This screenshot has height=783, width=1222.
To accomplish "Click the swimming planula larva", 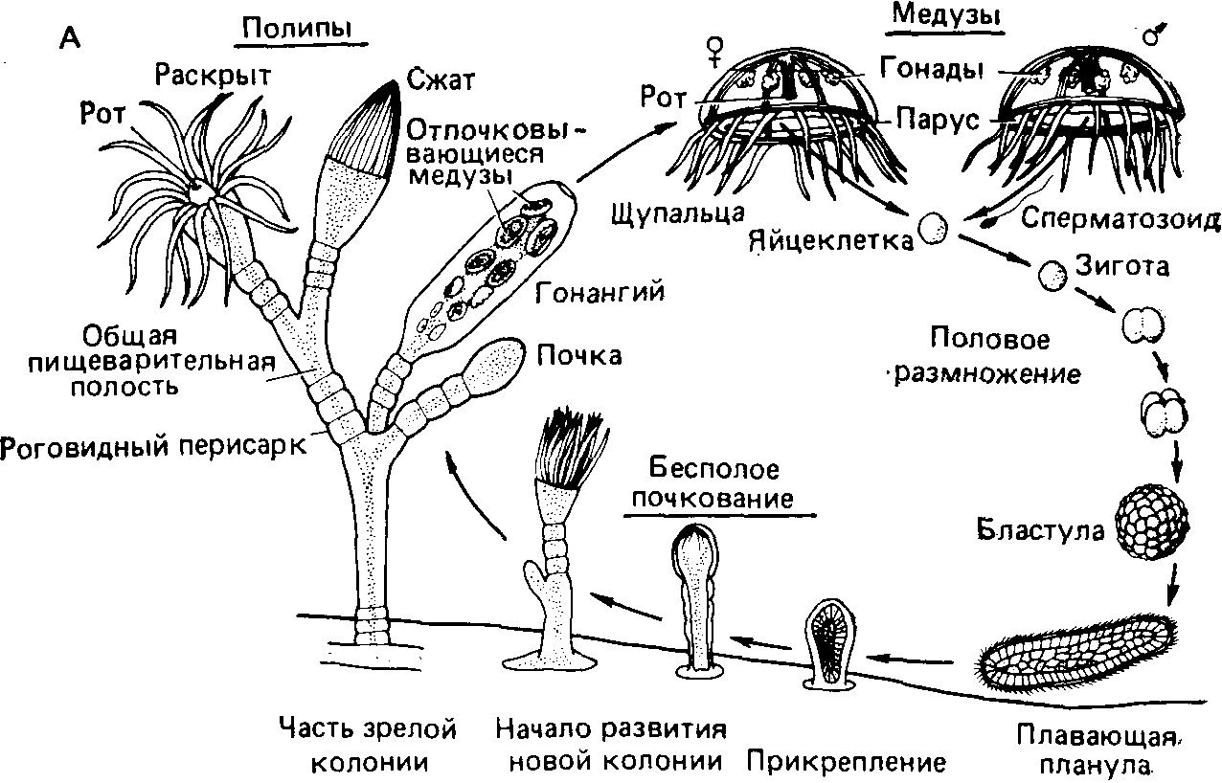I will point(1078,655).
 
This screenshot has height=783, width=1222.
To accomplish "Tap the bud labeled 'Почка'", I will point(496,363).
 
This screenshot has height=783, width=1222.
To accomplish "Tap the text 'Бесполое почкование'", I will point(713,484).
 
